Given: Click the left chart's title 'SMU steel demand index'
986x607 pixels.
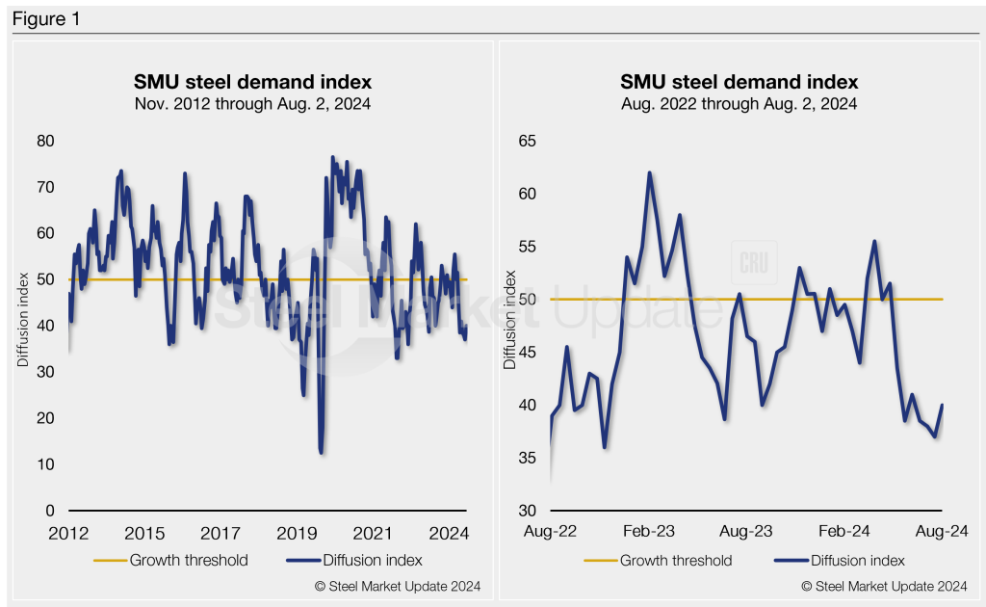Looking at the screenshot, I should pyautogui.click(x=252, y=82).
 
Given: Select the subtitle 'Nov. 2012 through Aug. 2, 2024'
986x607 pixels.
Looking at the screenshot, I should pyautogui.click(x=252, y=103).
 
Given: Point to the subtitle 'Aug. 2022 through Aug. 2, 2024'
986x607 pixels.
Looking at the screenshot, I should pyautogui.click(x=739, y=103).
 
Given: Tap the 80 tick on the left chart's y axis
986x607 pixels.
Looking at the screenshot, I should pyautogui.click(x=45, y=141).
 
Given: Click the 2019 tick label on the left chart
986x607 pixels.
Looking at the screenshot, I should pyautogui.click(x=298, y=534).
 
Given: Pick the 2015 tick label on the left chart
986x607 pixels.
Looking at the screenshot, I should pyautogui.click(x=144, y=534).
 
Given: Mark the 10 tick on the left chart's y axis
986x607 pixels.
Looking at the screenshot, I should pyautogui.click(x=45, y=464).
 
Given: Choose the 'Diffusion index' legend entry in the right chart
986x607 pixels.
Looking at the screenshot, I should pyautogui.click(x=844, y=560).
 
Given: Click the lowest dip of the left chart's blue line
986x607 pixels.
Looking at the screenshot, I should pyautogui.click(x=320, y=452).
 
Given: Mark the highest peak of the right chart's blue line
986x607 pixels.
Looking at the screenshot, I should pyautogui.click(x=649, y=173).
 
